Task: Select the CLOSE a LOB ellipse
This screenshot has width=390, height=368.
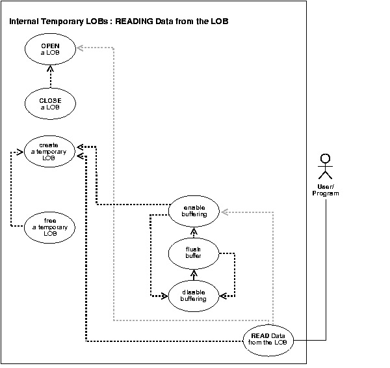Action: (x=50, y=104)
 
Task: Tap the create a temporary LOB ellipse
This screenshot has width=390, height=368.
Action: (x=50, y=151)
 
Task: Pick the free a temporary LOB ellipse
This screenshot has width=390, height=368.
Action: (x=50, y=225)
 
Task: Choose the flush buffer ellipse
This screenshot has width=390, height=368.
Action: (x=193, y=252)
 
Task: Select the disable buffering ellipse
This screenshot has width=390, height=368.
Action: (x=194, y=295)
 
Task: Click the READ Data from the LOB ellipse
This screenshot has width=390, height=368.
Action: (x=268, y=339)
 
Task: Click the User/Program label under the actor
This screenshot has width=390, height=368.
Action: (x=326, y=190)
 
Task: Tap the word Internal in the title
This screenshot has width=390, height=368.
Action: (x=23, y=21)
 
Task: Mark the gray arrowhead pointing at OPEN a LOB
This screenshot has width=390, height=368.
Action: (x=81, y=48)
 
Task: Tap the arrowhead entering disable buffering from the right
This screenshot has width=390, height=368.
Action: (x=223, y=295)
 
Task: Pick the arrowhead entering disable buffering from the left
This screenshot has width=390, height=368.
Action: (x=164, y=296)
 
